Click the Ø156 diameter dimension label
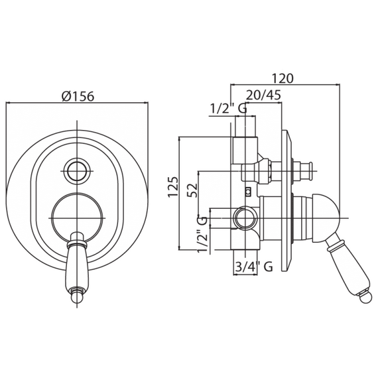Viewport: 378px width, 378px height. tap(78, 97)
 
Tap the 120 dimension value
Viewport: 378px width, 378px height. tap(283, 78)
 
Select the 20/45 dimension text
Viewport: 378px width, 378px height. tap(263, 95)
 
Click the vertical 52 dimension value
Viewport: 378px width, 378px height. tap(192, 190)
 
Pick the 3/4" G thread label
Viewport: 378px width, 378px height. tap(253, 267)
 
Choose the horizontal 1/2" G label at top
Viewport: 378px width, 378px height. tap(229, 109)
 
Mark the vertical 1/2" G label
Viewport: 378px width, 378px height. tap(202, 235)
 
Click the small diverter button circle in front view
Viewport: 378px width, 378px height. tap(77, 171)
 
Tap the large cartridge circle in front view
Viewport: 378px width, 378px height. tap(77, 218)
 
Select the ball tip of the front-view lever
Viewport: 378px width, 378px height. tap(77, 296)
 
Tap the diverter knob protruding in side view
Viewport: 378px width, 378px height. tap(302, 171)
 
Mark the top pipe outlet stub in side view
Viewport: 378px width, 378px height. tap(245, 126)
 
